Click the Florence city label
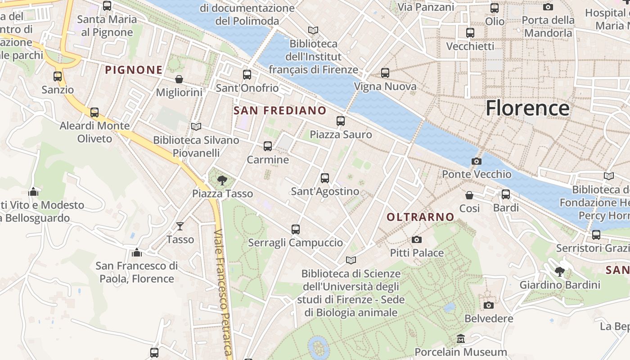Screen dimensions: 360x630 point(527,108)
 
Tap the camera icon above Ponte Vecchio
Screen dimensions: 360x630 point(476,161)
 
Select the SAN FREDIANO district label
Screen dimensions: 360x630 point(280,110)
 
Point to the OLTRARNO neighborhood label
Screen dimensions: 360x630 point(420,217)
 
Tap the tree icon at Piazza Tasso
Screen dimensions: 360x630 point(222,180)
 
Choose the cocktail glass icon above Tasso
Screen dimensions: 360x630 point(180,226)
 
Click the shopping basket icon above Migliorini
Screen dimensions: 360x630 point(179,79)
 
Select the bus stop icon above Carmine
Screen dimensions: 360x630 point(268,146)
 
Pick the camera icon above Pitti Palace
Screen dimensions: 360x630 point(417,239)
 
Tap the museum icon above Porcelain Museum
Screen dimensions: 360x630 point(461,338)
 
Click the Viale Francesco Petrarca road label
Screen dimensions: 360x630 point(224,292)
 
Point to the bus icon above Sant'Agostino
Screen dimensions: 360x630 point(325,178)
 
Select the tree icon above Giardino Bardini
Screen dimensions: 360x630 point(560,271)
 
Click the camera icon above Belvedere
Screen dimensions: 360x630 point(489,305)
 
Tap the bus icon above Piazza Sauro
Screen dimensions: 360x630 point(341,121)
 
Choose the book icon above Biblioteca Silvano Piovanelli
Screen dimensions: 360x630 point(196,126)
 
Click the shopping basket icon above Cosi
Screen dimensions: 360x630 point(469,195)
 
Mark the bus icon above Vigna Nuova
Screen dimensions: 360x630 point(385,73)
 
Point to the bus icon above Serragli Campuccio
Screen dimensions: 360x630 point(296,229)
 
